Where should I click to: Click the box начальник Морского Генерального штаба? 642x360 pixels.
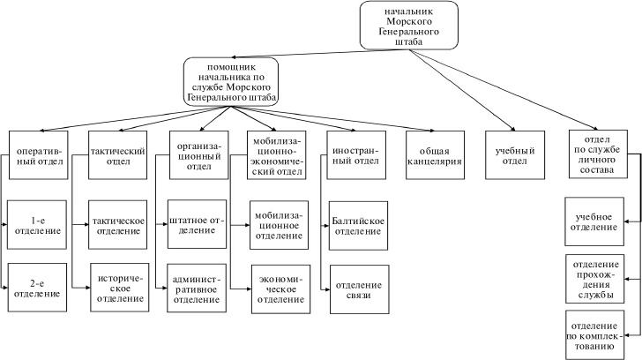tap(409, 26)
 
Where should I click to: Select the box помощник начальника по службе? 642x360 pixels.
tap(230, 82)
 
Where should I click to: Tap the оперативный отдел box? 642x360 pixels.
tap(38, 156)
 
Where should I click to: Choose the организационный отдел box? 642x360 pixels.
tap(198, 156)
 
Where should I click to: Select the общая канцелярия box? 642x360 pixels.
tap(435, 156)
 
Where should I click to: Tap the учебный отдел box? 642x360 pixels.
tap(513, 156)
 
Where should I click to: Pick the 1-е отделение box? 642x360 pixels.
tap(38, 225)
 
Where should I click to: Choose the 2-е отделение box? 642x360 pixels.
tap(38, 288)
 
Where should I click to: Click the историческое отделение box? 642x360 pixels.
tap(118, 288)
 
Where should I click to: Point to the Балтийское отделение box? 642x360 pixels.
tap(357, 225)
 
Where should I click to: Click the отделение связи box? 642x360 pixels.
tap(357, 288)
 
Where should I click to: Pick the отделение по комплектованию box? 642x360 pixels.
tap(597, 334)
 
